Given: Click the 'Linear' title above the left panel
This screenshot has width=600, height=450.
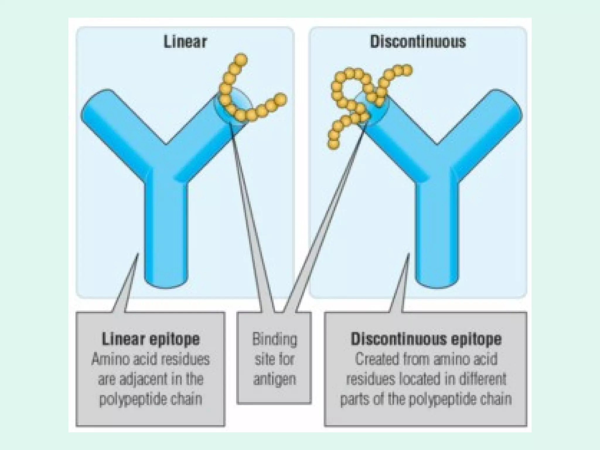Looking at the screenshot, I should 185,42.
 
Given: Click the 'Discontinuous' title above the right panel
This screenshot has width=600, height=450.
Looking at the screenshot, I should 418,42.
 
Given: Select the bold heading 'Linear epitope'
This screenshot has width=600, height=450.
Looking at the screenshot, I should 151,339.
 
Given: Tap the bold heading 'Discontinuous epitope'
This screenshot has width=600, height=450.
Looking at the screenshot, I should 426,339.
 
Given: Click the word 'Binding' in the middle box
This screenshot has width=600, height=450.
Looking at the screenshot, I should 275,340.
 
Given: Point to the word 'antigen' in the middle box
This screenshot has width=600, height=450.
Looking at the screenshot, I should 275,380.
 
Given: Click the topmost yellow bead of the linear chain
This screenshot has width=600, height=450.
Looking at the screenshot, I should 241,59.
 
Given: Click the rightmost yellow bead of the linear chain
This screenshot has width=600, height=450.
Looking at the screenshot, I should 280,99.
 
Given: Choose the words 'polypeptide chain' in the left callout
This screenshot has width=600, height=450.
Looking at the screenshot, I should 151,399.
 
